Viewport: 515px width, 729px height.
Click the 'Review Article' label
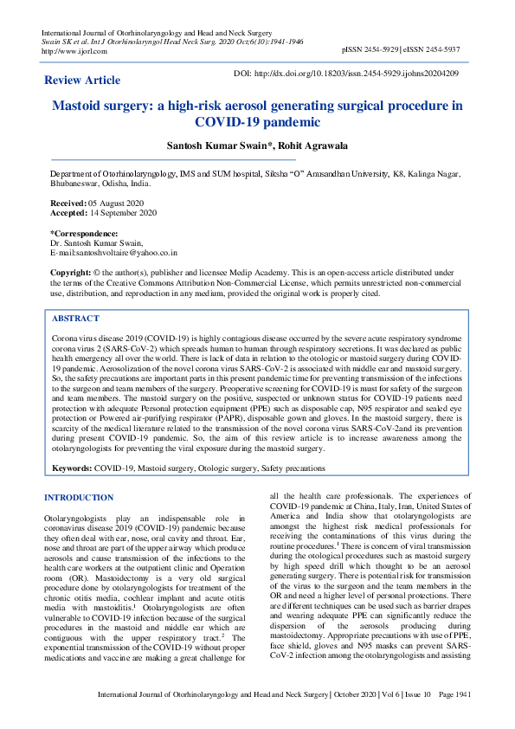click(82, 81)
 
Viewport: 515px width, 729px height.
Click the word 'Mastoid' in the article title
click(84, 106)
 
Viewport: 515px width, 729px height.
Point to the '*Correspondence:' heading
click(84, 233)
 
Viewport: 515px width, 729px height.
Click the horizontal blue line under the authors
click(173, 160)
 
